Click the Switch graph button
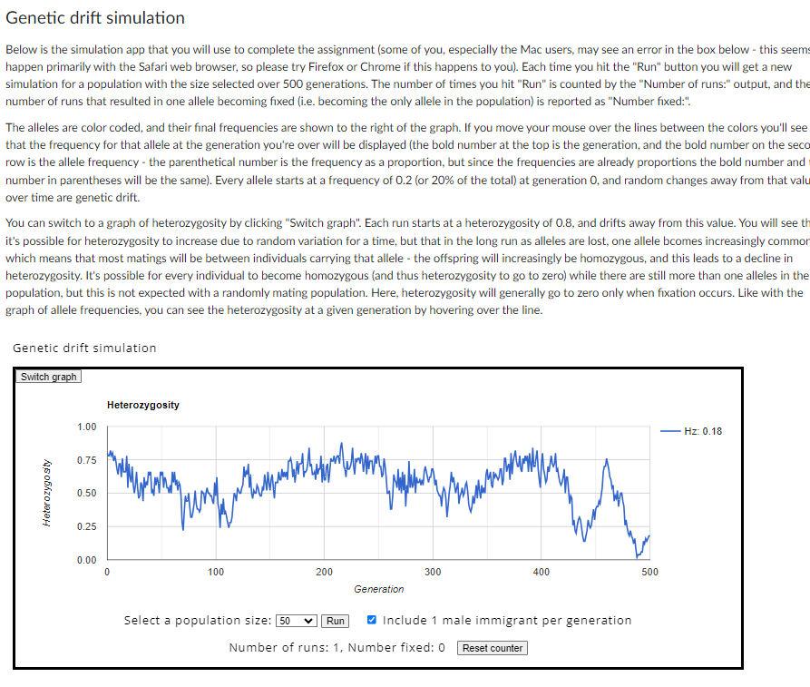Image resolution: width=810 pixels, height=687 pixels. point(49,377)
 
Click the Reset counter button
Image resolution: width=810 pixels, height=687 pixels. point(493,648)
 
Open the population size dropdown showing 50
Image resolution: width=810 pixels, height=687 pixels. point(297,621)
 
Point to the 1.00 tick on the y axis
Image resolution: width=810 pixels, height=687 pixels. point(87,427)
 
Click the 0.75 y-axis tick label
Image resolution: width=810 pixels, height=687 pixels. point(87,460)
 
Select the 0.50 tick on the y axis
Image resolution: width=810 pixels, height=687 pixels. point(87,494)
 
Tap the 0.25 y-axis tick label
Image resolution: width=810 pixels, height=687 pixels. point(87,527)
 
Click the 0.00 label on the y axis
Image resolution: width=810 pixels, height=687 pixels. point(87,560)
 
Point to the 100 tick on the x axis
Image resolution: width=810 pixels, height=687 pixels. point(216,573)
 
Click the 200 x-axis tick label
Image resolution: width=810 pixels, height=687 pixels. point(324,573)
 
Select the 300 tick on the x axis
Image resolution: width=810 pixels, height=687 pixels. point(433,573)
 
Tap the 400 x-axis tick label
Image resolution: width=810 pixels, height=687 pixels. point(541,573)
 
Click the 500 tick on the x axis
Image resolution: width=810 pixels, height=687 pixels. point(649,573)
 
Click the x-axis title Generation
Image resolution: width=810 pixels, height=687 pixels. point(379,590)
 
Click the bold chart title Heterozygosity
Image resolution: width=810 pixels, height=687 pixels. point(142,405)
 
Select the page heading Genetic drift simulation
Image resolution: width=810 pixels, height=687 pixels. point(95,18)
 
